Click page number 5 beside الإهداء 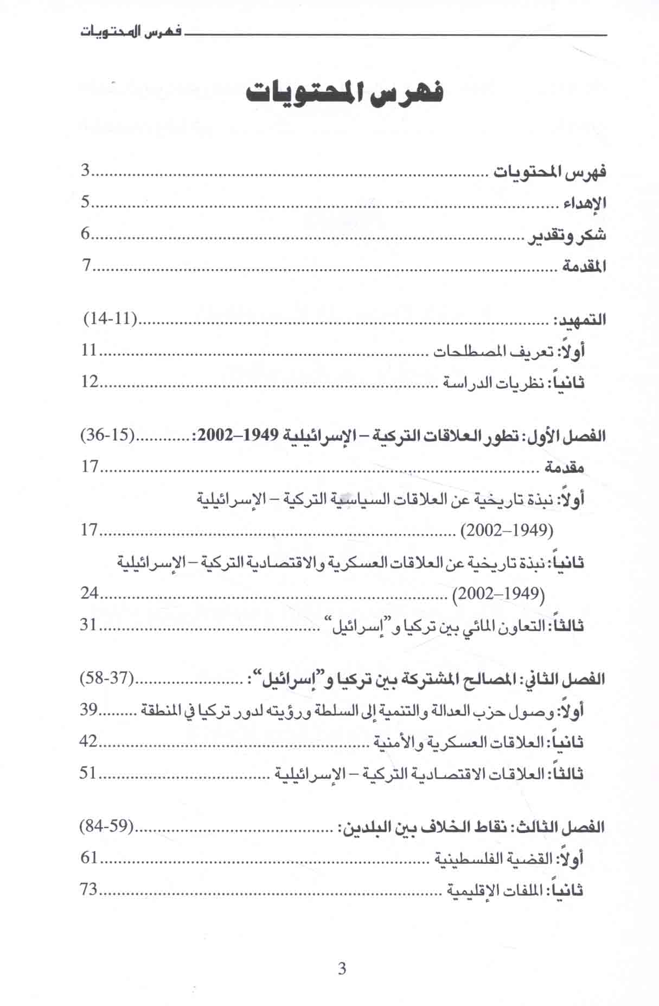(x=85, y=203)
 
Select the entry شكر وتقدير (x=568, y=236)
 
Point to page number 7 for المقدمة (x=85, y=266)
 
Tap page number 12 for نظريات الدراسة (x=89, y=382)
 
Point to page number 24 (x=89, y=593)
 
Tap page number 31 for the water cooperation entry (x=89, y=625)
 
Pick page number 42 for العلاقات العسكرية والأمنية (x=88, y=741)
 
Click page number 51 (x=88, y=773)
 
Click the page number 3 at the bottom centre (x=342, y=969)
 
